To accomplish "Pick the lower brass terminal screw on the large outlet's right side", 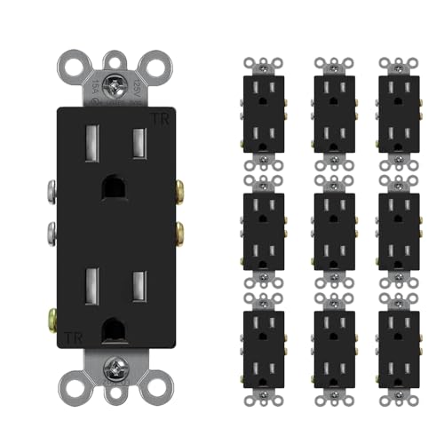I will [180, 233].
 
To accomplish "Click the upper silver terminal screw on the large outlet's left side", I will [51, 189].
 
